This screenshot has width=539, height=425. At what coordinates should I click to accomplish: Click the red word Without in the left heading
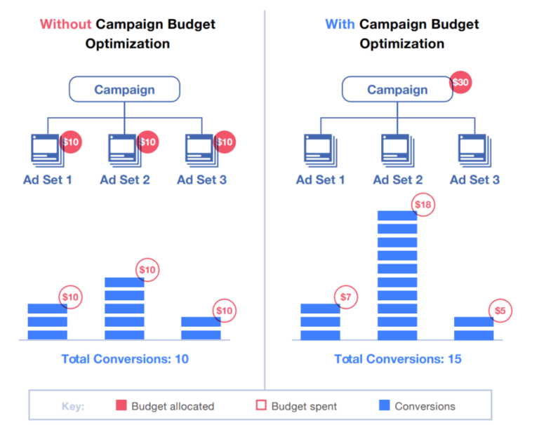65,24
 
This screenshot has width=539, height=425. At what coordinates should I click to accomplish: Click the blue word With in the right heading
340,24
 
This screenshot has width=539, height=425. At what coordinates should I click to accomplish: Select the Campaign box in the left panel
124,90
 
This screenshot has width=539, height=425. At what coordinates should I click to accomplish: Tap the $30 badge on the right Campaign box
460,83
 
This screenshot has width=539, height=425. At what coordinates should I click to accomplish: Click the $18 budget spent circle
422,204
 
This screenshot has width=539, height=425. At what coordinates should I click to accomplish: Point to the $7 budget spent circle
345,297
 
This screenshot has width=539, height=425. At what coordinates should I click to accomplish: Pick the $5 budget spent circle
500,311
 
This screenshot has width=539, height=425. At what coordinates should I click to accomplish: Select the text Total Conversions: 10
125,359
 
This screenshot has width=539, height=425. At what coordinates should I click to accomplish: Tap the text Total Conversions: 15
398,359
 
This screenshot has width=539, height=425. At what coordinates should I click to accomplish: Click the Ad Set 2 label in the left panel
125,180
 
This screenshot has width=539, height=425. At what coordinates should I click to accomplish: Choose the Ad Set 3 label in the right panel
474,180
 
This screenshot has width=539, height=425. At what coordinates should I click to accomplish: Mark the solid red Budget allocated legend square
120,405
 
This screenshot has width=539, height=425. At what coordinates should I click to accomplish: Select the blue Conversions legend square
383,405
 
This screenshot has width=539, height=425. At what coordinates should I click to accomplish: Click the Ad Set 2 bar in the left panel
124,309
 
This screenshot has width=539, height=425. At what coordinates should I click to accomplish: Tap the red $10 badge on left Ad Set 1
71,142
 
